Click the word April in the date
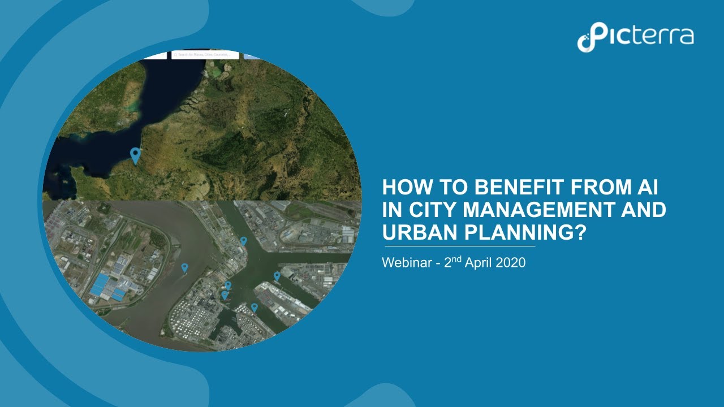[480, 263]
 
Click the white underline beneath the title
[459, 246]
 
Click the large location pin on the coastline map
[135, 154]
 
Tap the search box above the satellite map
[205, 55]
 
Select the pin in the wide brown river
[184, 267]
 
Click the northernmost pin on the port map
[243, 241]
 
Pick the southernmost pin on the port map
[255, 307]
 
